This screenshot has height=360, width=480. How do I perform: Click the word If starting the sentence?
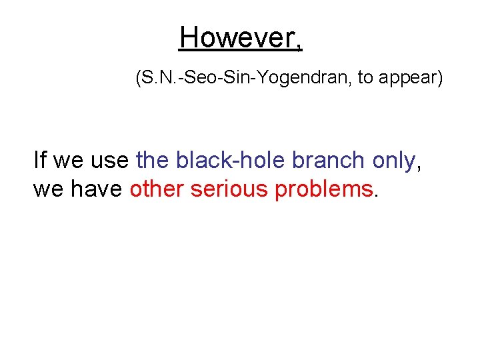(40, 160)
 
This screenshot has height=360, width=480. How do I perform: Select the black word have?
(97, 189)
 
